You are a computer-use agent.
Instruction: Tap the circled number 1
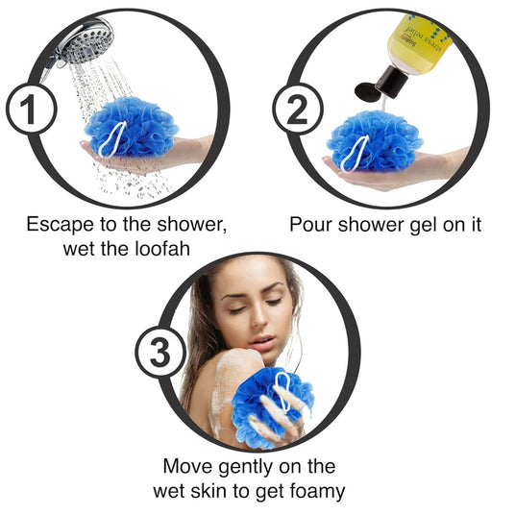31,109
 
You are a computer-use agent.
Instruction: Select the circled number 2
298,110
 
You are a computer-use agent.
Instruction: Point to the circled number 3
160,352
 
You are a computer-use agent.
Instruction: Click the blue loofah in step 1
132,127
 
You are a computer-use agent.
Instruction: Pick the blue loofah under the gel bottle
375,141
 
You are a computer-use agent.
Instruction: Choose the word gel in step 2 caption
424,226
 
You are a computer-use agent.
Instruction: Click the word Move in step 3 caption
188,466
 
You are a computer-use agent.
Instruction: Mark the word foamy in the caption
317,492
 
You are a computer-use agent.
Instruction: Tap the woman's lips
261,342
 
